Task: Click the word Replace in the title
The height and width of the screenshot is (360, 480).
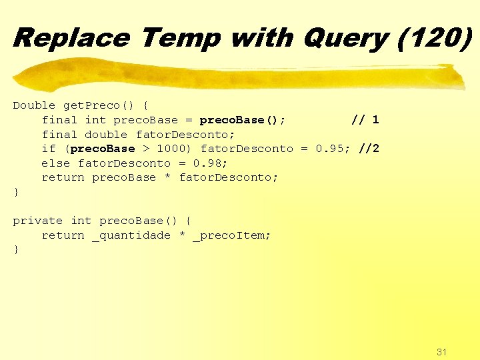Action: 71,37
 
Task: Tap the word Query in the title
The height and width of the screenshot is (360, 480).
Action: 345,37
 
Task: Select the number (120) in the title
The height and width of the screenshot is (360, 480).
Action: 433,37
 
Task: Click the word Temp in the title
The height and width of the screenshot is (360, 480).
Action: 180,37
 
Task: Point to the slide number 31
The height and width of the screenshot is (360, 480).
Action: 441,351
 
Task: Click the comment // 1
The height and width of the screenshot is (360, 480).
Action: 365,120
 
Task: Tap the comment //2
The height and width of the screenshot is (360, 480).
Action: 369,149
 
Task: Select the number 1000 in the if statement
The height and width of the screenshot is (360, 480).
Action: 171,149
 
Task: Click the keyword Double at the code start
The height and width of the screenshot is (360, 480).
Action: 34,105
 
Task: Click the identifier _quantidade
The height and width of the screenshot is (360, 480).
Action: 131,235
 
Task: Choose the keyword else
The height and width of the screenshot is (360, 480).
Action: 55,163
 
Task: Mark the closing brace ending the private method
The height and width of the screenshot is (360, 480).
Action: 16,250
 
